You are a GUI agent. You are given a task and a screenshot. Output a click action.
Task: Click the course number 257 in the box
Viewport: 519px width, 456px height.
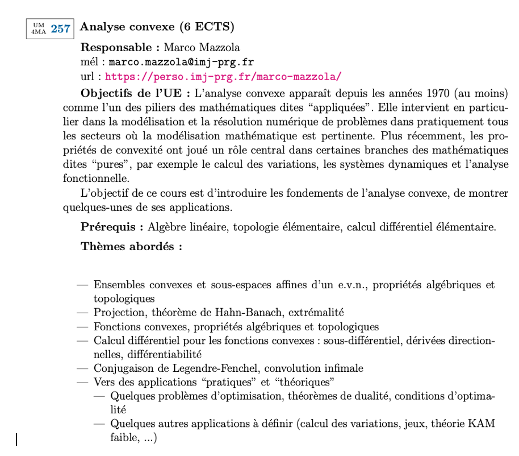coord(60,29)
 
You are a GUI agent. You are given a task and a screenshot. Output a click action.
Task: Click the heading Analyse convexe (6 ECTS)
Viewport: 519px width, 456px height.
coord(158,27)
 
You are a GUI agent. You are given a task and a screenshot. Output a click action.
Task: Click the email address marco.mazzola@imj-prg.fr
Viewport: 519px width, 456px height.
coord(181,62)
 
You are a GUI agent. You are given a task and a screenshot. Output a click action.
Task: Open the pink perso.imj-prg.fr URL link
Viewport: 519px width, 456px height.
coord(223,77)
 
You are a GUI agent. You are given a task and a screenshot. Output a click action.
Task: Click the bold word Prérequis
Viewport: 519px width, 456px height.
coord(112,227)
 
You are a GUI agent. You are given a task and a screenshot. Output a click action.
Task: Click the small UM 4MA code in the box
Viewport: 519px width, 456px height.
coord(39,28)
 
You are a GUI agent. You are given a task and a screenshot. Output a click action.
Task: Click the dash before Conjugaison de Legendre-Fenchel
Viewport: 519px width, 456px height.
coord(83,368)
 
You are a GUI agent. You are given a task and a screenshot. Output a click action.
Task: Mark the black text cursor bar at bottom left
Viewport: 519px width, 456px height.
coord(16,440)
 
